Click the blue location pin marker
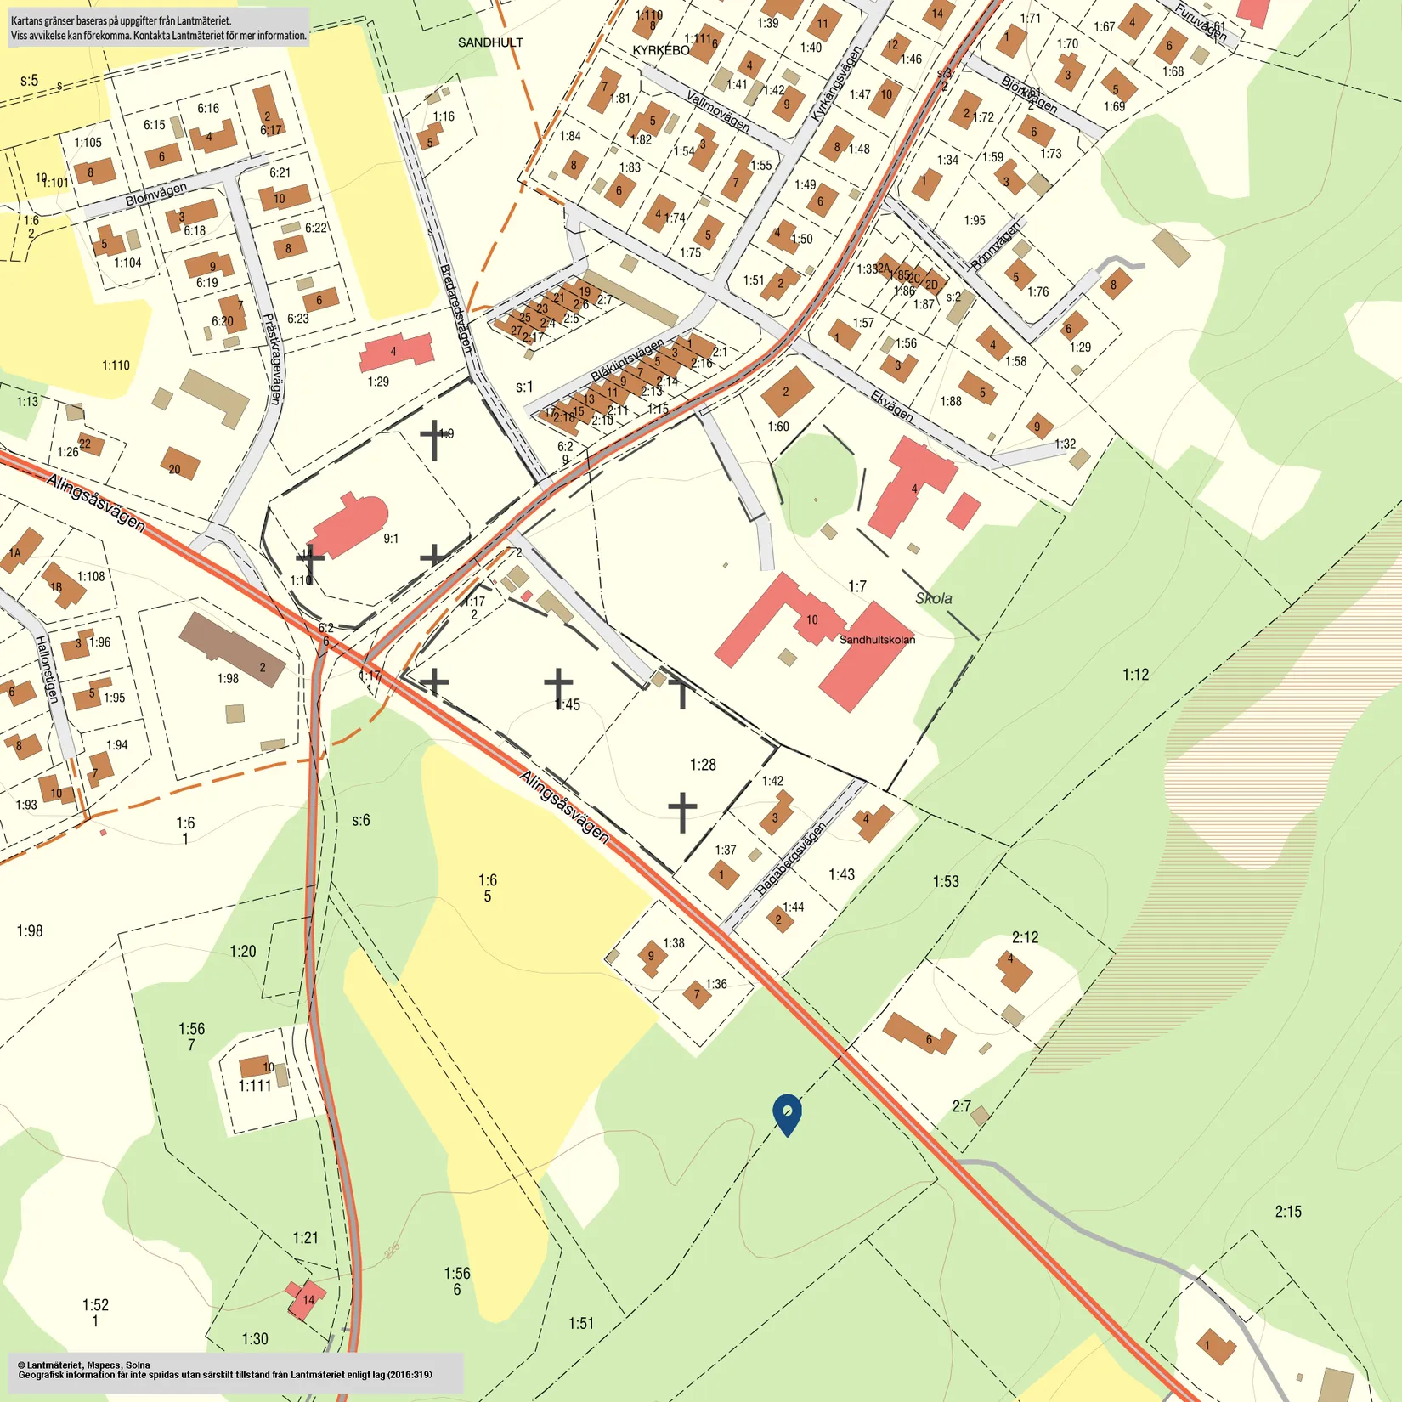787,1113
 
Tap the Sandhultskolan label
877,640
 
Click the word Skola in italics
933,598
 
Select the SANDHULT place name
490,42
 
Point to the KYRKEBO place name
661,50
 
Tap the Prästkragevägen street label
272,359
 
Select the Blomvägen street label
156,195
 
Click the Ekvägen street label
892,406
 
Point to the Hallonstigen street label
47,669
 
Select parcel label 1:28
703,765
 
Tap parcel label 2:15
1287,1212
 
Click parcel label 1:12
1135,675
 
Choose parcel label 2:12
1025,937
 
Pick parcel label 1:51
581,1323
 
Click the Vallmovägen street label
718,111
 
